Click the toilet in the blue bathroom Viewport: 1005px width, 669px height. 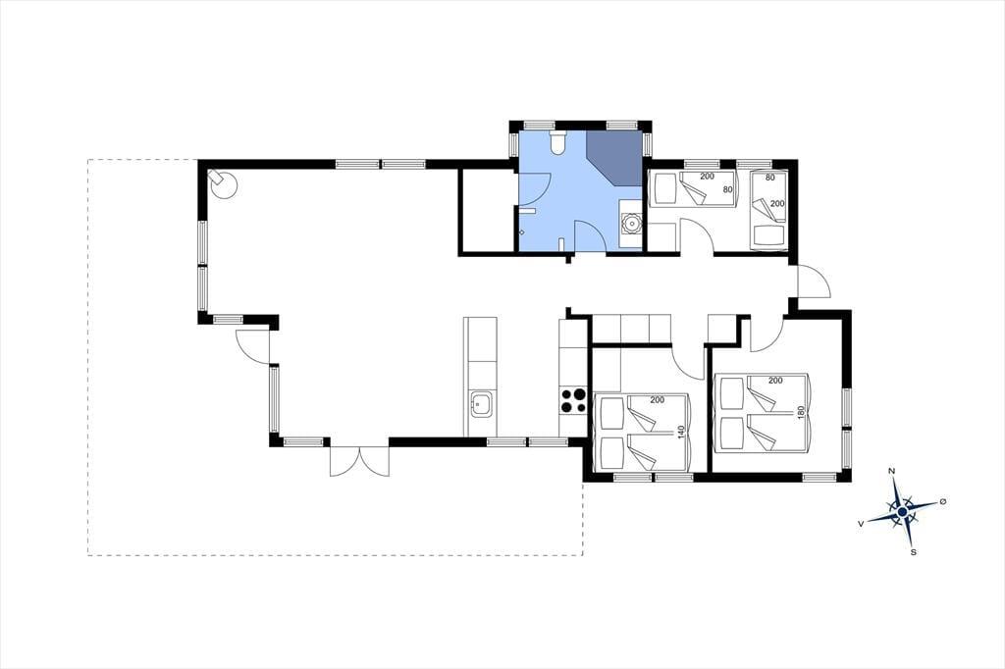coord(557,142)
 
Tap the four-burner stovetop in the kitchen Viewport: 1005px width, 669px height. coord(573,400)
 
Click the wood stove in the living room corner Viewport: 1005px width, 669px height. coord(223,183)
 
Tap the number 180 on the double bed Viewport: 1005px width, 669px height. coord(800,413)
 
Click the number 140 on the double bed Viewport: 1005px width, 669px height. coord(681,433)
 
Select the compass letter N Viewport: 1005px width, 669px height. coord(891,471)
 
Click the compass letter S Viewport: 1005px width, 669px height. coord(914,551)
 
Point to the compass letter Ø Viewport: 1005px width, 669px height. coord(942,502)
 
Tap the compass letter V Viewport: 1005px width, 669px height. coord(861,524)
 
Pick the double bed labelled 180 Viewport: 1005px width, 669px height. coord(763,413)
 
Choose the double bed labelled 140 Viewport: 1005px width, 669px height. coord(643,434)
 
